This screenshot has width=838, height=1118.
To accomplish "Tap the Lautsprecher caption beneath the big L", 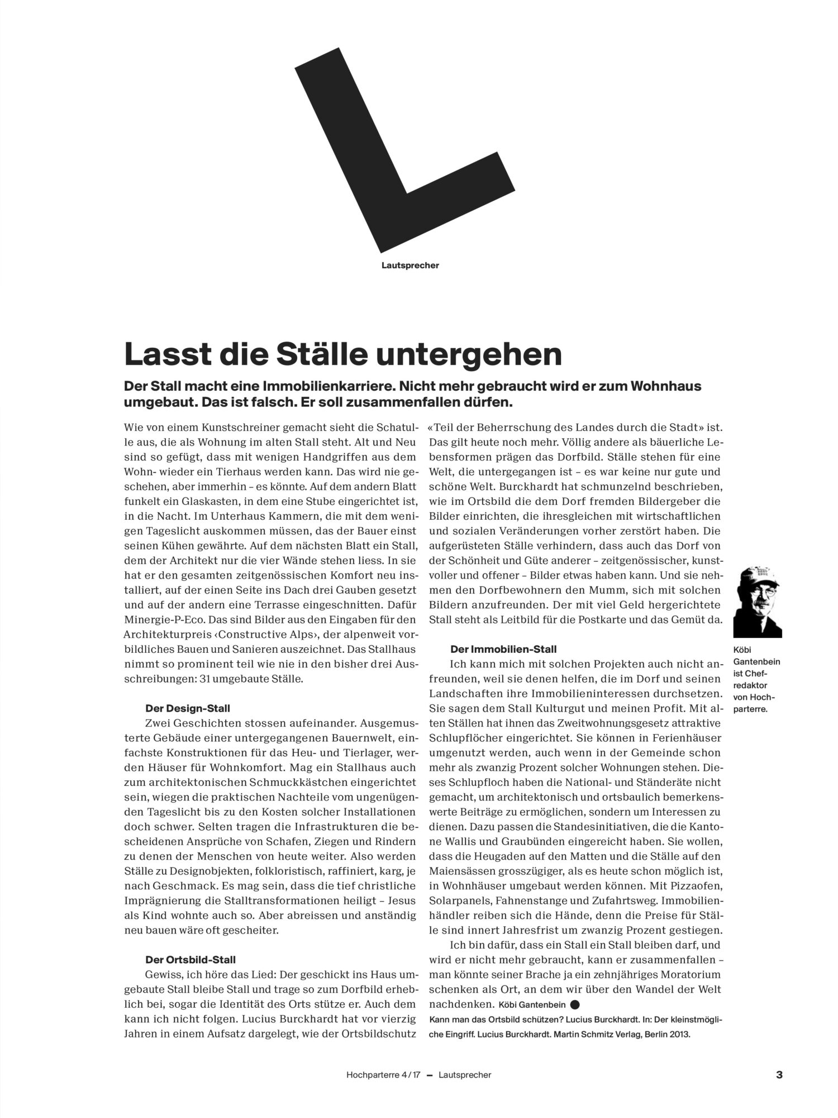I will pyautogui.click(x=410, y=266).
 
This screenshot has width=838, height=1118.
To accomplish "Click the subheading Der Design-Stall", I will pyautogui.click(x=187, y=708).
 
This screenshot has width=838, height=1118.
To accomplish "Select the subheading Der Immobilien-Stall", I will pyautogui.click(x=503, y=650).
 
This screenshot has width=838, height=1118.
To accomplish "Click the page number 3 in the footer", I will pyautogui.click(x=779, y=1075).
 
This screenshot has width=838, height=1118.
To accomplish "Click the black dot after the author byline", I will pyautogui.click(x=575, y=1003).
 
